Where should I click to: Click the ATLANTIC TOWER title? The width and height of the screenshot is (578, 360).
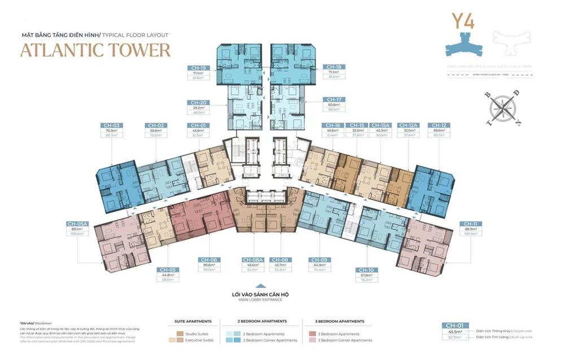[x=95, y=50]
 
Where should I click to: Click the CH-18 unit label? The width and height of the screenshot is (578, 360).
[x=334, y=67]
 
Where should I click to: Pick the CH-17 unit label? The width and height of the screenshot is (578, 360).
[x=333, y=99]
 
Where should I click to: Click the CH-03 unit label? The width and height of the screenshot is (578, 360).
[x=111, y=125]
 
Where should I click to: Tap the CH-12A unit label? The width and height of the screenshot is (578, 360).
[x=407, y=125]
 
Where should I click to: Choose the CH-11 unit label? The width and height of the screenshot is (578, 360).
[x=470, y=223]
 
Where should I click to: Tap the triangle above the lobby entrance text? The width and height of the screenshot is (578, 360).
[x=260, y=287]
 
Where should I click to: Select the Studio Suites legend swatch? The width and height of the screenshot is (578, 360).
[x=172, y=333]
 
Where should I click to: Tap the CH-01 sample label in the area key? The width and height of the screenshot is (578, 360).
[x=454, y=326]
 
